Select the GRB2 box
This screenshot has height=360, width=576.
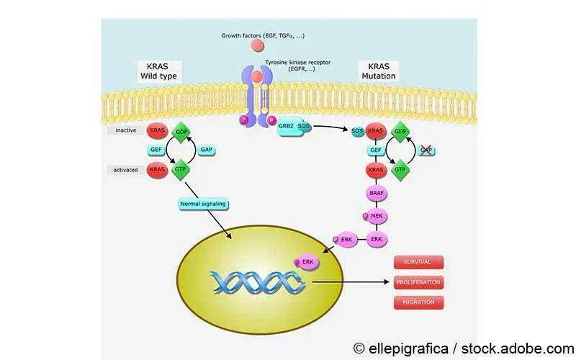tap(286, 124)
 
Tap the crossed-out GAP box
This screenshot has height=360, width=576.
tap(426, 150)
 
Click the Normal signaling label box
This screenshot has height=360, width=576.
tap(202, 204)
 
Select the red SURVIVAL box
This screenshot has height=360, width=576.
tap(418, 263)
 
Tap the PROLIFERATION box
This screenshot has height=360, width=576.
tap(418, 283)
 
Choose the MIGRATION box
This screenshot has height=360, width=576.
tap(418, 302)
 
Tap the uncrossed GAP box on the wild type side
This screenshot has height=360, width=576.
tap(206, 150)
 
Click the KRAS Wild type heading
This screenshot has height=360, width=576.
tap(157, 70)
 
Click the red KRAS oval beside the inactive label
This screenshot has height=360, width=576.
tap(157, 131)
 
